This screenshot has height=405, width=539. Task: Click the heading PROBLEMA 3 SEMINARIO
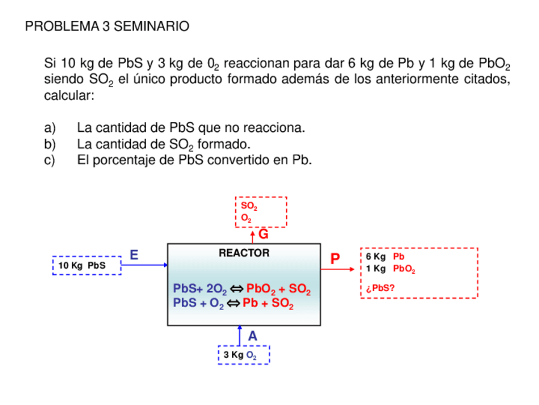click(107, 27)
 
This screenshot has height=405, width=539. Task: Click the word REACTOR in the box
click(243, 253)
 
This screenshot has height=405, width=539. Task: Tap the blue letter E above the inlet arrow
click(134, 255)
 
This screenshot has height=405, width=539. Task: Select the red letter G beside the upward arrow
click(263, 234)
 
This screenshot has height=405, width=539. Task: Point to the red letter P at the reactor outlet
click(335, 259)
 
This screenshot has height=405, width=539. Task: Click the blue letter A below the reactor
click(252, 336)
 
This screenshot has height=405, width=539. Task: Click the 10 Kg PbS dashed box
click(86, 266)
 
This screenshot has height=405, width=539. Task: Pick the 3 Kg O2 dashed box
click(243, 355)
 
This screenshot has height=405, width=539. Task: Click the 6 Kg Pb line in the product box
click(385, 257)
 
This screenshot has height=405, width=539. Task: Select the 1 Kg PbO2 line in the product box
click(390, 269)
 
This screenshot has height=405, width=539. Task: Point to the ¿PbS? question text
click(380, 288)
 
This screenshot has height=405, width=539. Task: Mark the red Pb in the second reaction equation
click(250, 303)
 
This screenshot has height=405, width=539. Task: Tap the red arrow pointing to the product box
click(339, 269)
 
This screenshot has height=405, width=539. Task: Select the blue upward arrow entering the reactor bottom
click(240, 335)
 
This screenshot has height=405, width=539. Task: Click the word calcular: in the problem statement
click(69, 96)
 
